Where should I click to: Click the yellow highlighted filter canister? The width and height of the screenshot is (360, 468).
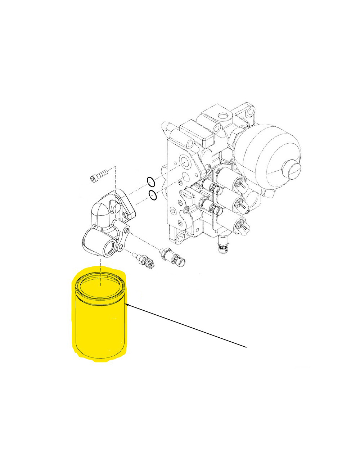pos(100,324)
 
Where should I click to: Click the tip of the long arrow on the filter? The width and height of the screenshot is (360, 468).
pos(127,305)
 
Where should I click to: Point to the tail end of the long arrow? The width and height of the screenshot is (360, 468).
pos(247,347)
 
